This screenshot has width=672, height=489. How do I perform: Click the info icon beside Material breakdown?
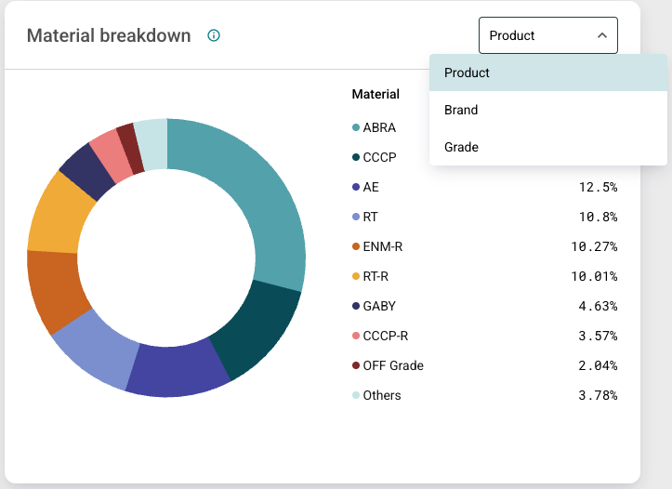click(214, 36)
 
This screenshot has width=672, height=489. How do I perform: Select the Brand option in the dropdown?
click(461, 110)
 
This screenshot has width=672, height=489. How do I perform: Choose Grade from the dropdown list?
click(461, 147)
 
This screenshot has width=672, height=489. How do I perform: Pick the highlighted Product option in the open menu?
click(467, 73)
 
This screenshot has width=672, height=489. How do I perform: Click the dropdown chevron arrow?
click(602, 36)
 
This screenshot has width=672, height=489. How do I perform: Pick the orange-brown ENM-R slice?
click(58, 290)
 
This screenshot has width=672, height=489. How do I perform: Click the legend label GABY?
click(379, 306)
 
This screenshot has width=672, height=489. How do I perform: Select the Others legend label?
click(382, 395)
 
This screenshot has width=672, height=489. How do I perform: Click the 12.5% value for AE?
click(598, 187)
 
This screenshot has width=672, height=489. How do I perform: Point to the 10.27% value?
click(594, 246)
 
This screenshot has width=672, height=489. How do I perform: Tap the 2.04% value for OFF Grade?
click(597, 365)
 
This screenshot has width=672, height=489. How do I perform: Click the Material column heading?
click(376, 94)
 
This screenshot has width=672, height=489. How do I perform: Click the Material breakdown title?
click(109, 36)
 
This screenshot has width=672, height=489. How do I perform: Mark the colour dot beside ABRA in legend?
click(356, 127)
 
